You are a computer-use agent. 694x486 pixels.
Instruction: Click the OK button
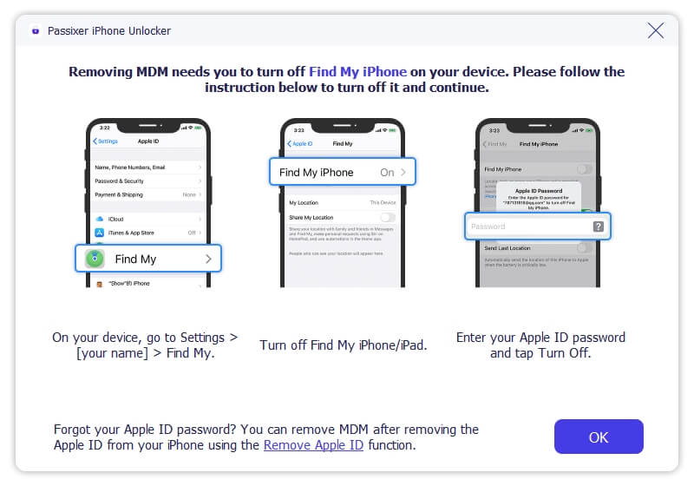599,437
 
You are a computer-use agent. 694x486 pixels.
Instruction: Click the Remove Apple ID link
313,445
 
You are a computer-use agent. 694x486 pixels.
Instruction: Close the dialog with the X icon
656,31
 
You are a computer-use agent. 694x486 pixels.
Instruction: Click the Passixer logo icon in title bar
36,31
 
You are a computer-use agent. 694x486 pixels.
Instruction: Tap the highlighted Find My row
148,259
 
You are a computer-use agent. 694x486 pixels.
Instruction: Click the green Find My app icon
95,259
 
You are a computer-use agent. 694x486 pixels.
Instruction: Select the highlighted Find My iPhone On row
343,173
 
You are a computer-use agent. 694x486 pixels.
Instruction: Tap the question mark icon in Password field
598,227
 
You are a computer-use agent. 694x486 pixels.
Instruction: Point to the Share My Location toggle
388,217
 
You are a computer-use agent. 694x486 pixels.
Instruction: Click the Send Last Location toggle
586,248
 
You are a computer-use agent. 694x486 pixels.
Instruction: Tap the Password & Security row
148,181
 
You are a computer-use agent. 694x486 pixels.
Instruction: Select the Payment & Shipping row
148,194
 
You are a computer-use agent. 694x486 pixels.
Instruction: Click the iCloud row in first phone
148,219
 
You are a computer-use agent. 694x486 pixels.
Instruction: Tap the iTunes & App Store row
148,233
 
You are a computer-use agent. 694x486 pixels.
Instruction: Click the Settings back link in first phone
106,141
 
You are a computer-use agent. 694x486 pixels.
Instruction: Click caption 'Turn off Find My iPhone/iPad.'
344,345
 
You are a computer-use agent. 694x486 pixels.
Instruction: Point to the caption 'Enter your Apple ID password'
540,337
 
